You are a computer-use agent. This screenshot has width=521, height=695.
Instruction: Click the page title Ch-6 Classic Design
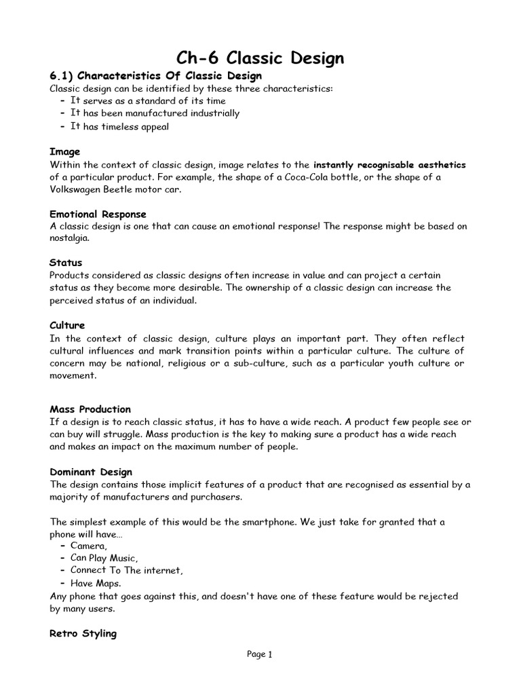pos(260,58)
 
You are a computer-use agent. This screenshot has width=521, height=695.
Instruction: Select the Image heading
pos(64,152)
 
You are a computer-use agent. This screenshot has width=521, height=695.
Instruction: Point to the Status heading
pos(66,263)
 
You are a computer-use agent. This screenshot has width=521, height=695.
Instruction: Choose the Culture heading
pos(67,326)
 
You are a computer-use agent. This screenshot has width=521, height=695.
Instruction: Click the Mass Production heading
pos(90,409)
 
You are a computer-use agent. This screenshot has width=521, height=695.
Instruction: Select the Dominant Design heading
pos(91,472)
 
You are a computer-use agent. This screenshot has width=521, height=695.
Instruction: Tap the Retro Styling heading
pos(83,633)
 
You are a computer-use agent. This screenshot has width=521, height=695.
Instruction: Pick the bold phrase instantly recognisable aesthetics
pos(389,165)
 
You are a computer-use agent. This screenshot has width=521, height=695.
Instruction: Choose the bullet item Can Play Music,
pos(104,558)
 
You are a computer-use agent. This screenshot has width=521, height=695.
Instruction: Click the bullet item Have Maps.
pos(97,583)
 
